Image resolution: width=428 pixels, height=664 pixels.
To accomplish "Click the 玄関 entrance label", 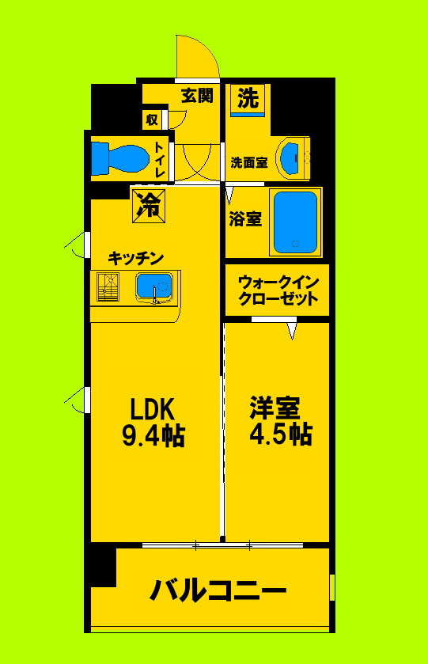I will tap(196, 97).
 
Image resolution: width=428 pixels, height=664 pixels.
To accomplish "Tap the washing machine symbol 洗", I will tap(248, 100).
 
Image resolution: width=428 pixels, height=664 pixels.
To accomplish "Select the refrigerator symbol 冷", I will tap(147, 206).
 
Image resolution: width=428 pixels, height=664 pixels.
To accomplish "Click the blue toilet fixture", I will tap(119, 157).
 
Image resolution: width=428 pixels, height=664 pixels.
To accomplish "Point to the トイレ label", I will tap(160, 159).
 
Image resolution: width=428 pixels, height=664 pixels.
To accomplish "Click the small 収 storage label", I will tap(152, 120).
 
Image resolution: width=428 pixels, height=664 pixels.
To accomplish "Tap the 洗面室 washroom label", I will tap(248, 163).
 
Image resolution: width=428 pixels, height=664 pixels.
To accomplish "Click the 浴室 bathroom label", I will tap(245, 220).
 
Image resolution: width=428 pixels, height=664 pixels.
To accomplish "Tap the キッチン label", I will tap(136, 258).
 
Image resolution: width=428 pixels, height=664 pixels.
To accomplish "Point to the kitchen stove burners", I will tap(108, 287).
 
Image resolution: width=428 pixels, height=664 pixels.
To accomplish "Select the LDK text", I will tap(152, 408).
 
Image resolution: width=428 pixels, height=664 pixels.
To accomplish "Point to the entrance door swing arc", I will tap(198, 55).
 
